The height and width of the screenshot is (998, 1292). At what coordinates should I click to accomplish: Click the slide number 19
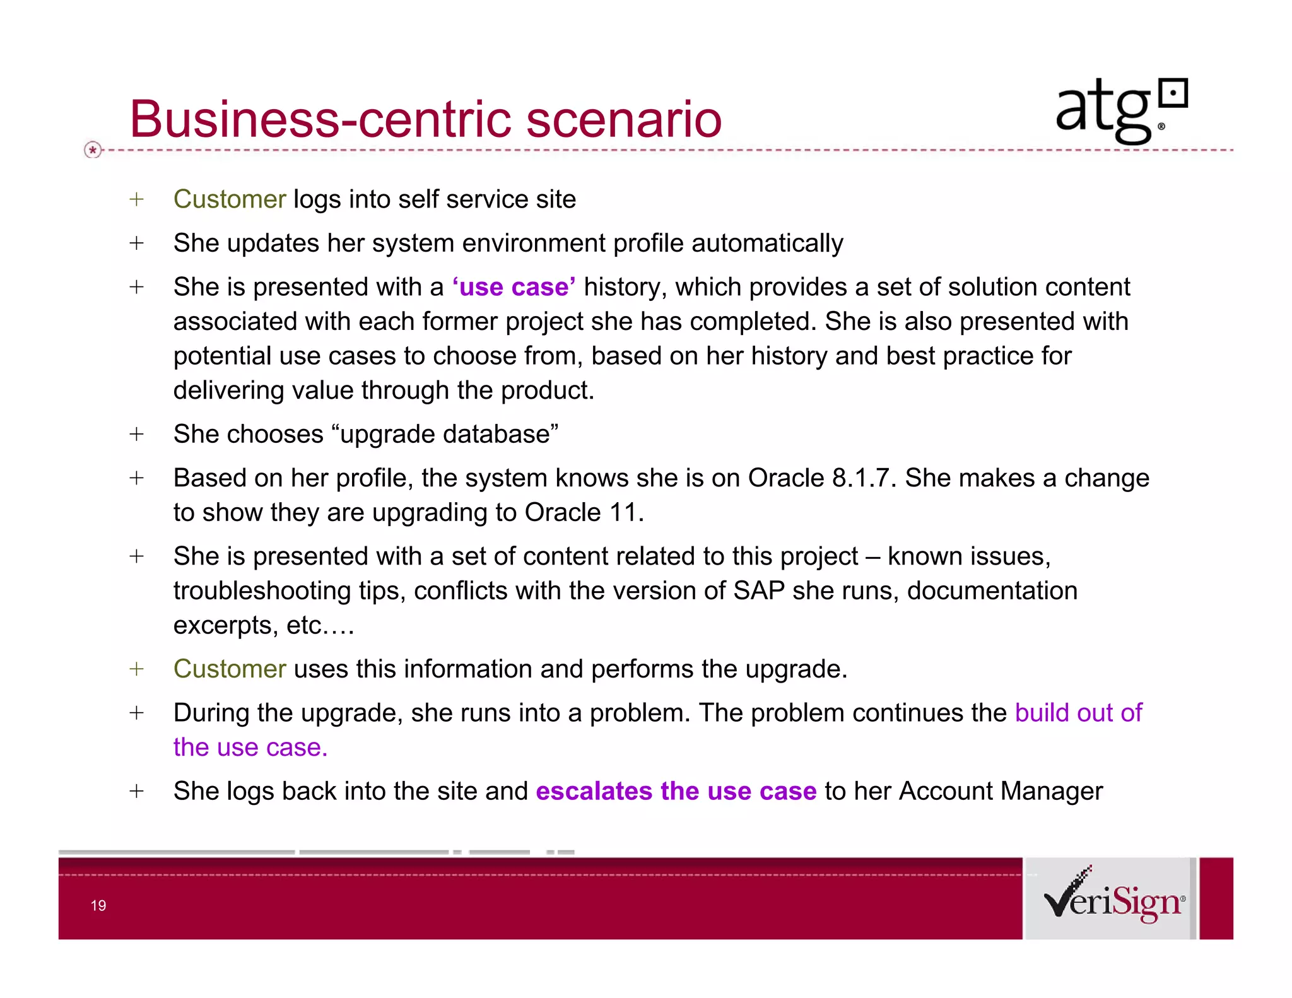[x=98, y=906]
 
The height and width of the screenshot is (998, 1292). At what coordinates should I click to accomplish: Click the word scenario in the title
[x=624, y=119]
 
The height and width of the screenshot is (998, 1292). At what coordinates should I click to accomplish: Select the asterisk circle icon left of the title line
[x=93, y=150]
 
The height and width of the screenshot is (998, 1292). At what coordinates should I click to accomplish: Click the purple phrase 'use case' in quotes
[x=514, y=287]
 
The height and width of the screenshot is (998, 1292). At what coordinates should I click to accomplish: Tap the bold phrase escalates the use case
[x=676, y=791]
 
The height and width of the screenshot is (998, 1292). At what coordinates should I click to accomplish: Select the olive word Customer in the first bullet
[x=230, y=199]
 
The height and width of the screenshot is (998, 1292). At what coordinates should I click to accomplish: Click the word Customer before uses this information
[x=230, y=669]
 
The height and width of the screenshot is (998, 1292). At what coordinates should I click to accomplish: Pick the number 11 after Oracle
[x=623, y=513]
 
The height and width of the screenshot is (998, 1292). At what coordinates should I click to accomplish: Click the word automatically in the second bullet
[x=767, y=244]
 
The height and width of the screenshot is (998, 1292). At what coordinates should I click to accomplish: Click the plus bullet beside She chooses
[x=136, y=434]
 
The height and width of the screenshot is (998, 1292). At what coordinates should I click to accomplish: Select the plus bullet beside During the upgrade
[x=136, y=713]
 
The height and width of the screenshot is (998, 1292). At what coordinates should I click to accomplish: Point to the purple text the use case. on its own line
[x=250, y=748]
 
